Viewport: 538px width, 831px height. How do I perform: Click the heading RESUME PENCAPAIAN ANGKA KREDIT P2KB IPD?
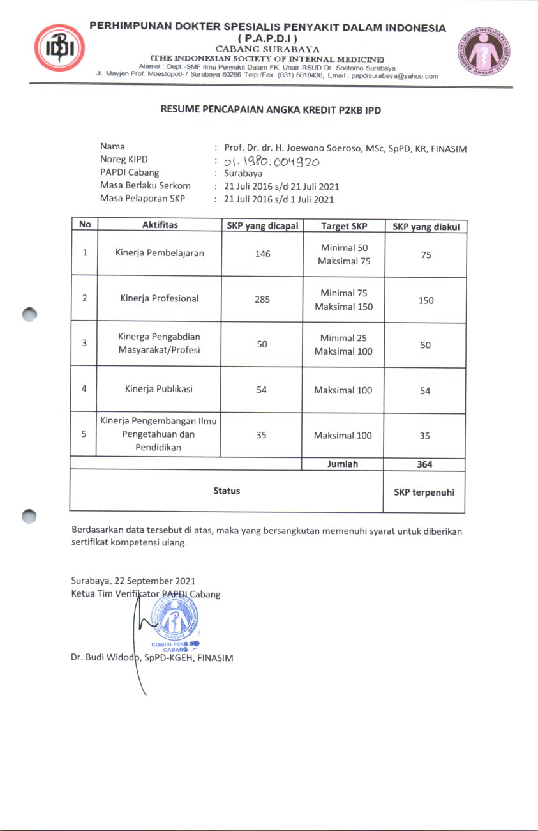[x=271, y=110]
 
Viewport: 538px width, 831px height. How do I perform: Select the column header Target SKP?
[x=344, y=225]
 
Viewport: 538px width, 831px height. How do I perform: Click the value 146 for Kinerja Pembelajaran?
[x=262, y=254]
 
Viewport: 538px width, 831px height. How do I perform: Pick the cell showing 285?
[x=262, y=298]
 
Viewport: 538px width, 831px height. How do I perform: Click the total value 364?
[x=424, y=464]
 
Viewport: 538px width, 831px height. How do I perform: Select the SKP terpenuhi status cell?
[x=424, y=491]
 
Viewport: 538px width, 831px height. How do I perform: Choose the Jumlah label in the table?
[x=343, y=464]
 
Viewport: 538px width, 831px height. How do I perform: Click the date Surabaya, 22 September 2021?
[x=133, y=581]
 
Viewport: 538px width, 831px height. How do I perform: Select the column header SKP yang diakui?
[x=426, y=226]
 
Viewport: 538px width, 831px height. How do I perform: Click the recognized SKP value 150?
[x=426, y=300]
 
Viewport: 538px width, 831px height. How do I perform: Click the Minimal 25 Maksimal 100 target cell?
[x=343, y=345]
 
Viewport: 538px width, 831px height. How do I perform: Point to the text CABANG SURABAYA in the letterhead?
[x=267, y=49]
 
